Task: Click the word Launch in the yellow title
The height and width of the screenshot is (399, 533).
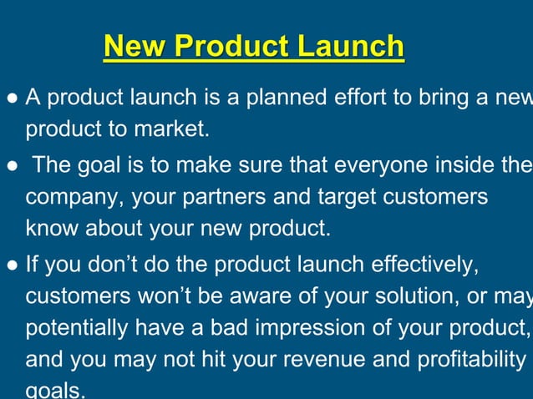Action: [351, 47]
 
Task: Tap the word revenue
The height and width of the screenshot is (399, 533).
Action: [320, 361]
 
